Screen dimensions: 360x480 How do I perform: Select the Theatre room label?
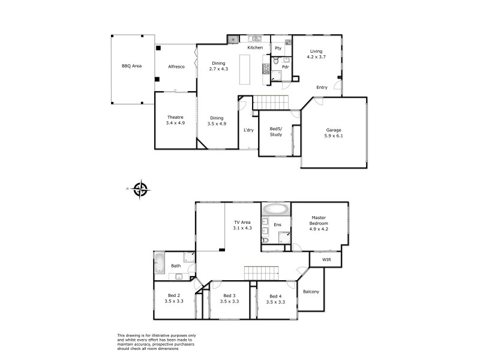point(175,120)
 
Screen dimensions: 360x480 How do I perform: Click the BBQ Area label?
point(131,66)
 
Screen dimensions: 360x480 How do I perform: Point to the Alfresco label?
point(176,66)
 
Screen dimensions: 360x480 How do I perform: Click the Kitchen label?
point(256,47)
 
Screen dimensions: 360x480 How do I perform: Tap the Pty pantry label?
point(278,48)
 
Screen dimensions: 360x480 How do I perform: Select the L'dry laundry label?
point(248,130)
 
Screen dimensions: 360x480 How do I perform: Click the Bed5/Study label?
point(276,132)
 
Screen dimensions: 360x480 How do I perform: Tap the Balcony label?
point(311,292)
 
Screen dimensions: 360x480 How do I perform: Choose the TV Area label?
point(242,225)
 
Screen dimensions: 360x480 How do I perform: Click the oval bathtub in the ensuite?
point(275,210)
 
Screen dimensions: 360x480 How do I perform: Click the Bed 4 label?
point(276,298)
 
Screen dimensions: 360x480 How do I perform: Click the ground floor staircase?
point(269,103)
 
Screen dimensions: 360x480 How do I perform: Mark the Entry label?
point(322,88)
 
